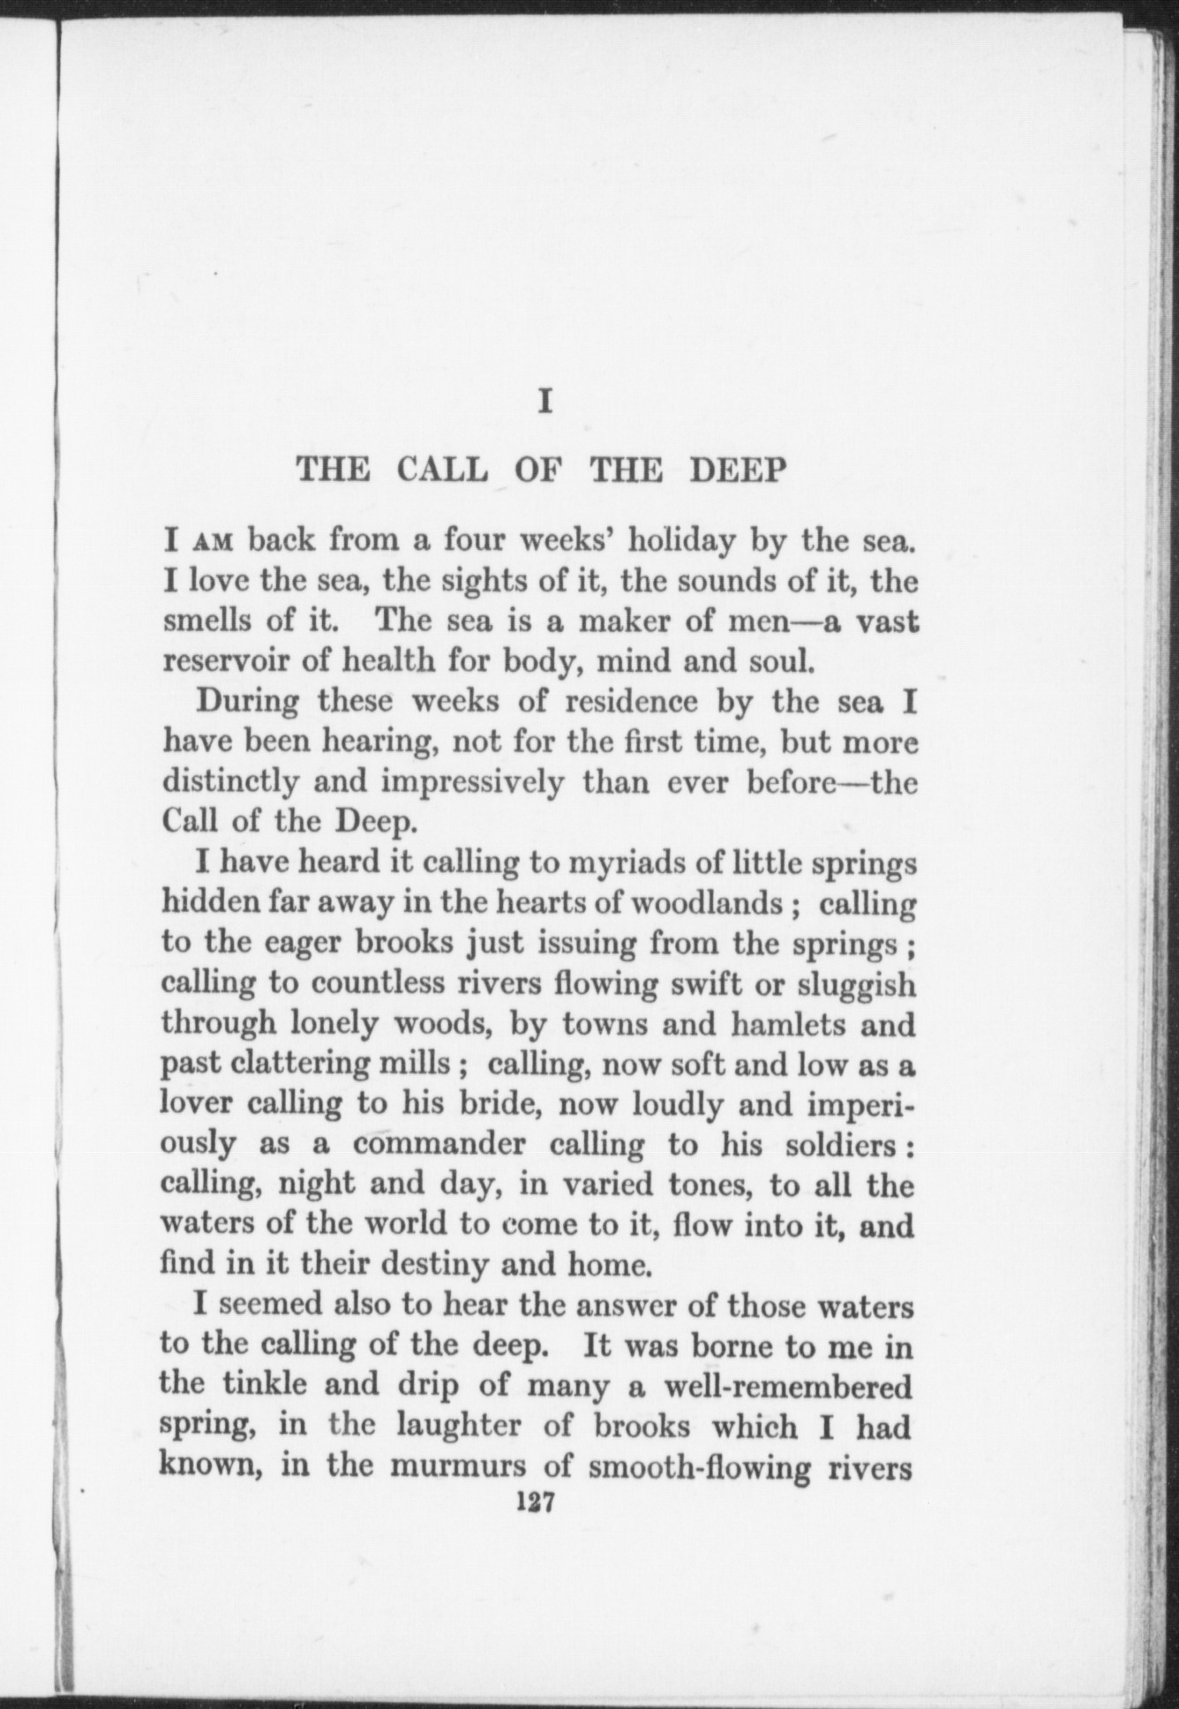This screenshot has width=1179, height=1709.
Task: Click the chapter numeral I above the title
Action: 546,403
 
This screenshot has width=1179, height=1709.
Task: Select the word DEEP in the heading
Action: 735,469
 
